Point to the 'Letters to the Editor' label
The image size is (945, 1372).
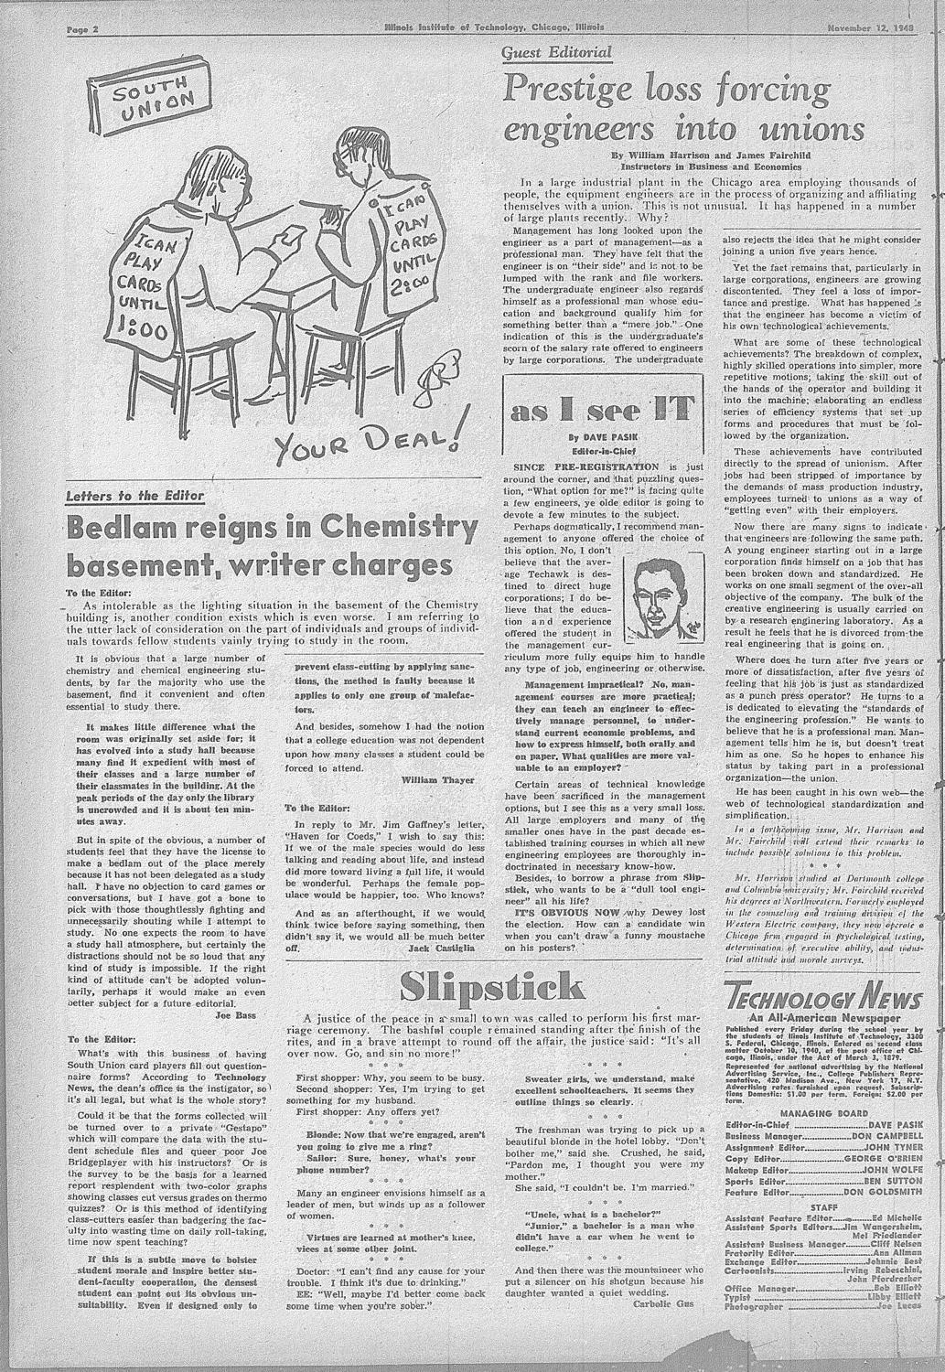point(135,495)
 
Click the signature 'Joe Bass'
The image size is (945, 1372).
point(234,1014)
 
